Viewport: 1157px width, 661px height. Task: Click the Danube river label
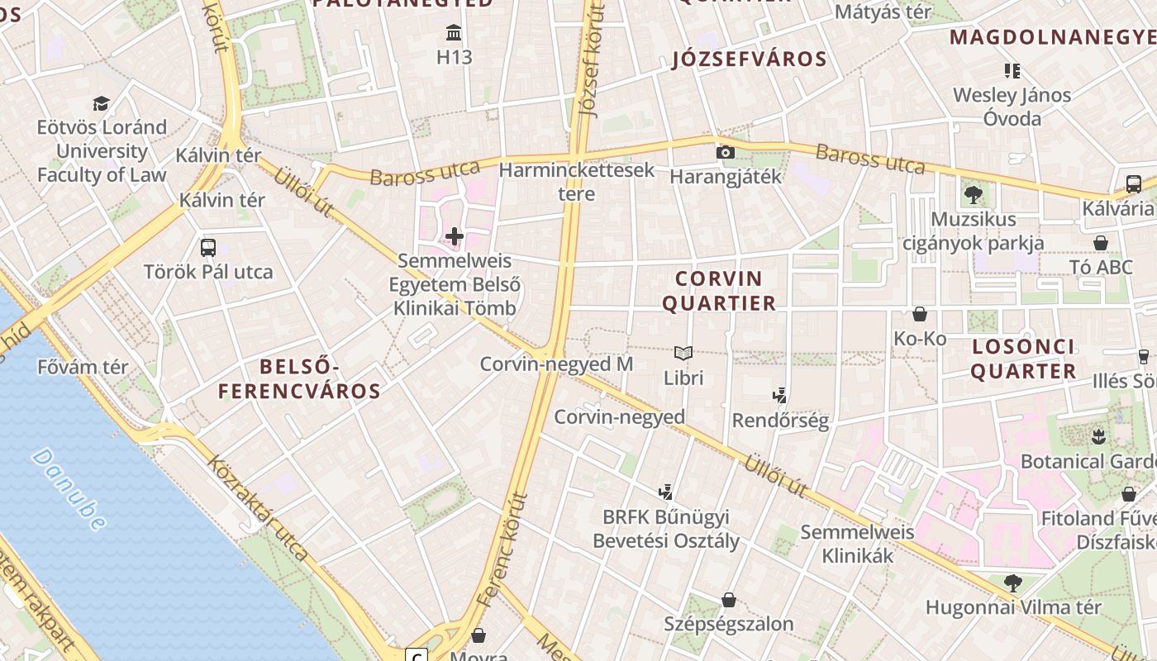point(69,488)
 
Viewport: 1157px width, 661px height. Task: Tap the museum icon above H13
point(454,33)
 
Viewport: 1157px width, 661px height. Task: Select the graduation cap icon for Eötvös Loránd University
point(101,103)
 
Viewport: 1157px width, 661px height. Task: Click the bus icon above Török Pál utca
point(208,247)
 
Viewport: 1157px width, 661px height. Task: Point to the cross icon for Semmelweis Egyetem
point(455,237)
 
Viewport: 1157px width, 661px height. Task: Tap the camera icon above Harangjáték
point(725,152)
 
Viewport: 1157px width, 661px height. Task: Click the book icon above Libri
point(683,354)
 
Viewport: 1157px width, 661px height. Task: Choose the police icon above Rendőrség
point(779,396)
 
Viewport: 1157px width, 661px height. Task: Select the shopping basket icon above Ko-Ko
point(920,314)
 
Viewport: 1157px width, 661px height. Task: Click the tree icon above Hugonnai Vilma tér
point(1012,583)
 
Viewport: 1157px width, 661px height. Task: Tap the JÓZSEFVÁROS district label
point(750,59)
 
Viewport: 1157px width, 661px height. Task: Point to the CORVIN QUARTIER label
point(719,290)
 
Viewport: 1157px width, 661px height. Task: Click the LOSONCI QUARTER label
point(1023,359)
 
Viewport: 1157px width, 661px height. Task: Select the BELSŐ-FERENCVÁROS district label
point(299,378)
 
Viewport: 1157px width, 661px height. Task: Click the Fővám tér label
point(83,366)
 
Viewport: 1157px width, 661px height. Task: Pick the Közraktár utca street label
point(257,507)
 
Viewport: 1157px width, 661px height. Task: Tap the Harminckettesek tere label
point(577,182)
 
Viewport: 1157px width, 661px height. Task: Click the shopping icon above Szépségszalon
point(729,600)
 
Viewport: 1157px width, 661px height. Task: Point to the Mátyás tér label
point(883,12)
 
